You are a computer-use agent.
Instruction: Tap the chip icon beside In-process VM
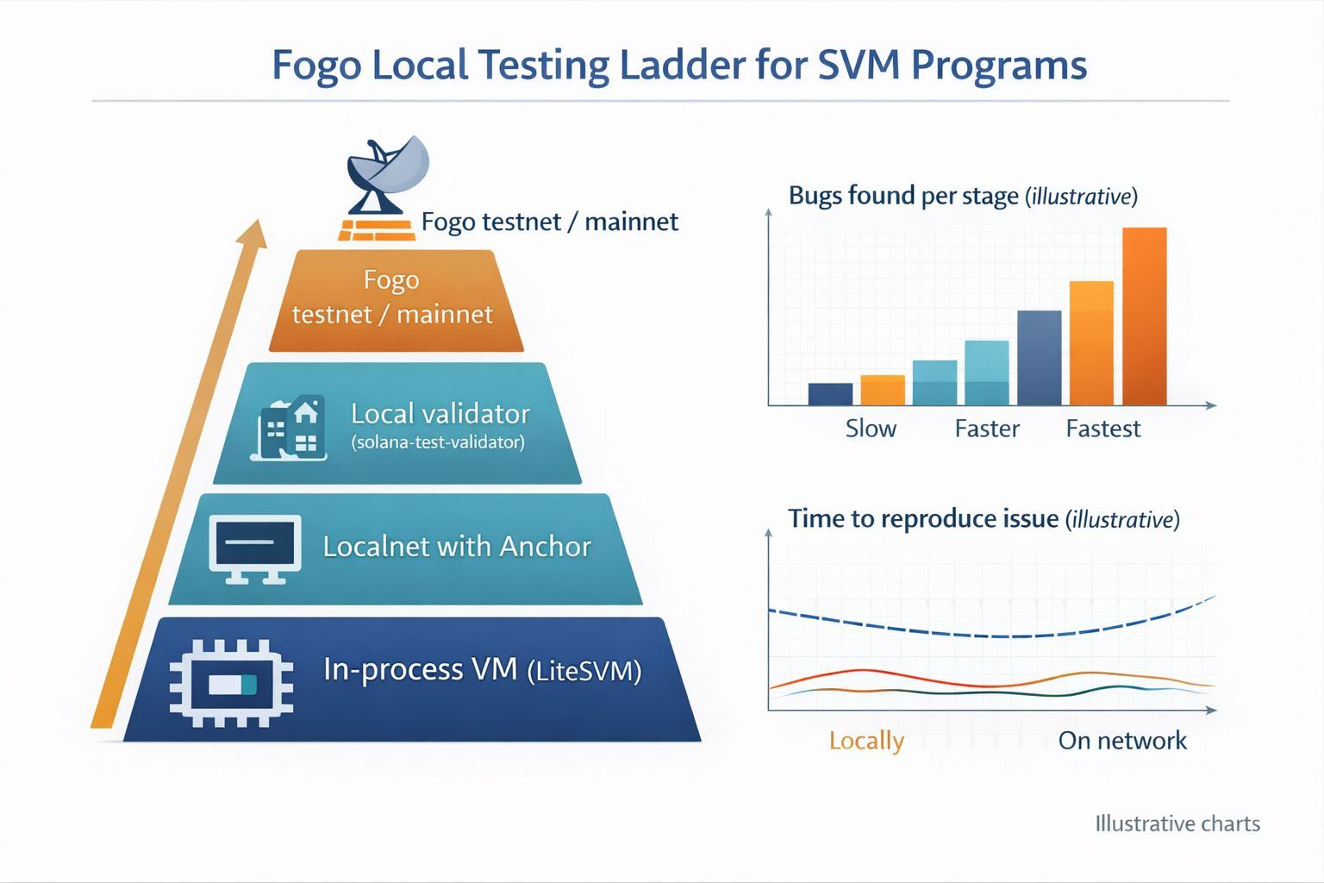(x=231, y=682)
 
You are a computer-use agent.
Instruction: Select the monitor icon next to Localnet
(x=255, y=548)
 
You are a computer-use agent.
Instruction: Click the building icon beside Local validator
(x=290, y=429)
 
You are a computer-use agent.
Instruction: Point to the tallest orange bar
(x=1144, y=316)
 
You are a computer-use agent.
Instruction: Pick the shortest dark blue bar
(x=830, y=393)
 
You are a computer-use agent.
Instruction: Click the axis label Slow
(x=871, y=429)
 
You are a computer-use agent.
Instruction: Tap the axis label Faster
(x=987, y=429)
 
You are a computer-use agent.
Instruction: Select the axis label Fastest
(x=1102, y=429)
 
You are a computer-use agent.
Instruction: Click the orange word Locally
(x=866, y=741)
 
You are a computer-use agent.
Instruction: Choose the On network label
(x=1122, y=741)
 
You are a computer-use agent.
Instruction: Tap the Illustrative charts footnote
(x=1177, y=824)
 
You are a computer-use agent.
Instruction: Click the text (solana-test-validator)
(x=438, y=442)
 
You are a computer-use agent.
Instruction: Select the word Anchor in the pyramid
(x=545, y=547)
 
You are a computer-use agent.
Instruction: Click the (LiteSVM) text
(x=584, y=671)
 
